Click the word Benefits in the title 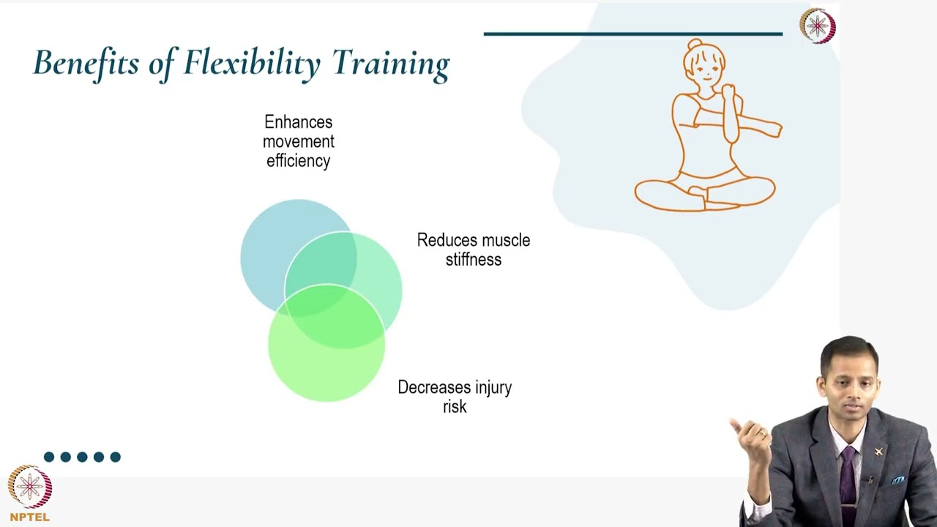tap(86, 63)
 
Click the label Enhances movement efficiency tap(298, 141)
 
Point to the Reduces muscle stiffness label tap(473, 250)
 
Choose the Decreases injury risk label tap(454, 397)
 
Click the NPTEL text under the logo tap(30, 517)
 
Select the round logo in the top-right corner tap(817, 26)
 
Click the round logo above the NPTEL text tap(30, 487)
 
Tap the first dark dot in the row tap(49, 457)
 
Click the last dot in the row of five tap(115, 457)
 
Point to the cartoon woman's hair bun tap(694, 45)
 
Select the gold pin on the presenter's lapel tap(878, 452)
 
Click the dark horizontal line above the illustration tap(632, 34)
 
